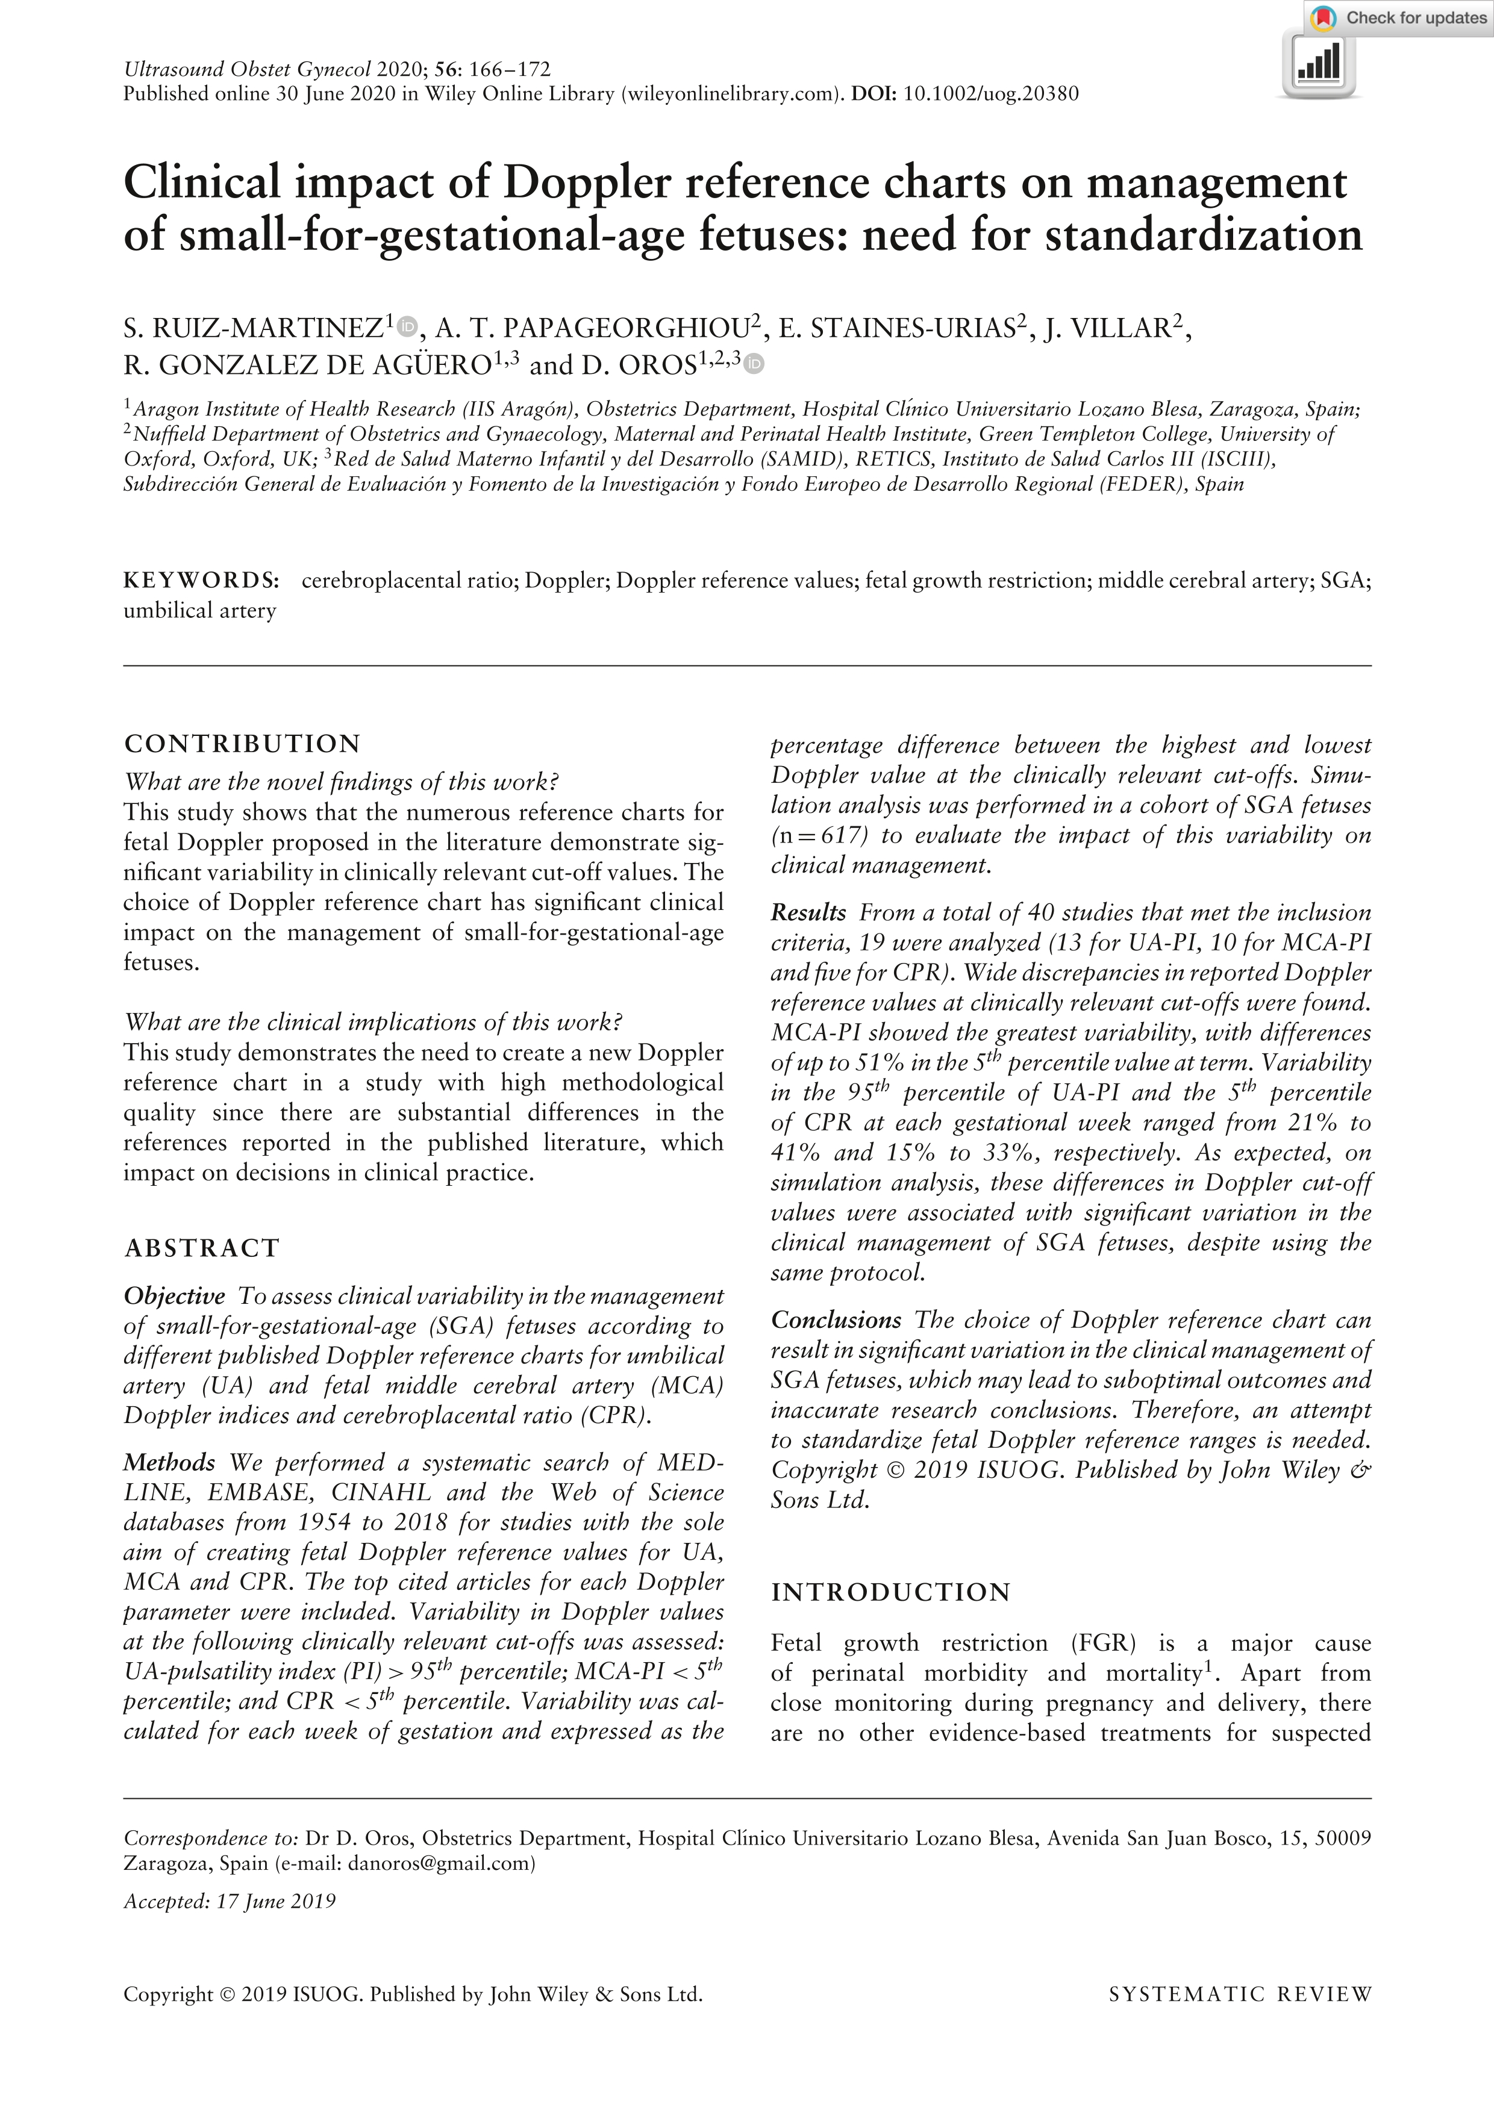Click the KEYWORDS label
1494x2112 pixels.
tap(201, 581)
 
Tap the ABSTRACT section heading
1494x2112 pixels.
tap(201, 1248)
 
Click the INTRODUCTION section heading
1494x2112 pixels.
tap(890, 1592)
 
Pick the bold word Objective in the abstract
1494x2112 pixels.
tap(175, 1296)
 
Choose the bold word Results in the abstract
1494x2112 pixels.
tap(808, 912)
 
